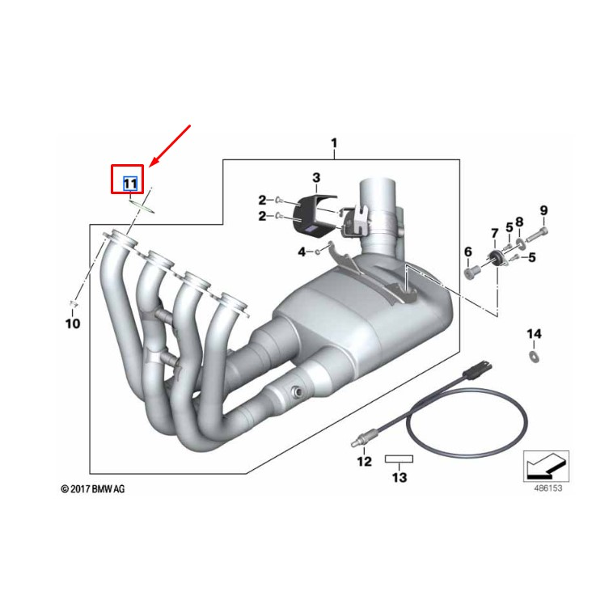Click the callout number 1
(333, 144)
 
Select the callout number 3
(316, 177)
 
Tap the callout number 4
(302, 252)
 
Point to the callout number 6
(467, 253)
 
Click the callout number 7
(494, 235)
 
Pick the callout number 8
(519, 222)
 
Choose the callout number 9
(543, 211)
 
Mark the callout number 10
(73, 324)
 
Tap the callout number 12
(364, 461)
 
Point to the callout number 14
(534, 334)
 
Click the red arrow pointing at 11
(170, 146)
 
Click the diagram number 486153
(547, 488)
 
